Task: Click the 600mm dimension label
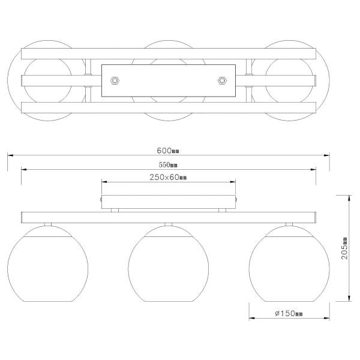click(168, 151)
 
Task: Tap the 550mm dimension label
click(168, 164)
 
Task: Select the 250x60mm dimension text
click(168, 177)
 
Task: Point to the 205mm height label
click(344, 248)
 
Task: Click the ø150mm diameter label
click(289, 313)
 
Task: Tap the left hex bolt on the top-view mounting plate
click(115, 80)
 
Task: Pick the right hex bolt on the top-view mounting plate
click(222, 80)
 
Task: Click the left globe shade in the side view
click(48, 263)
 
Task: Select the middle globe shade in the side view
click(169, 263)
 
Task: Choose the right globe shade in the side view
click(289, 263)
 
